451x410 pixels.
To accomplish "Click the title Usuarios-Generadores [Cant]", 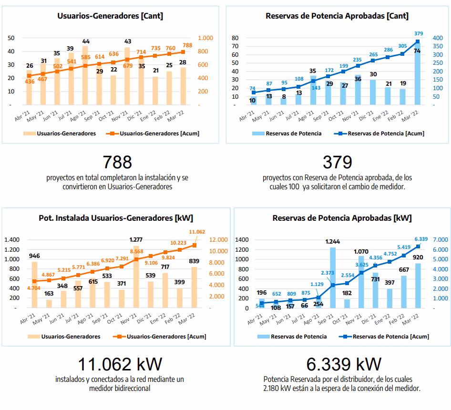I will [110, 16].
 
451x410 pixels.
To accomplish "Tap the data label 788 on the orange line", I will [187, 45].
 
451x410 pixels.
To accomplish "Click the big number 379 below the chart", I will [337, 162].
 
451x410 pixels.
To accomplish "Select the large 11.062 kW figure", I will [120, 364].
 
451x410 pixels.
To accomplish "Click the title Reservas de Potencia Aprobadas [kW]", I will [342, 218].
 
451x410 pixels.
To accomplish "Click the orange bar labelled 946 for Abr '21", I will [34, 285].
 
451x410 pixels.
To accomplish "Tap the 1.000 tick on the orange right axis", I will [206, 38].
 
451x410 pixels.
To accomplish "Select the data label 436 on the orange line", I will [30, 82].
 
